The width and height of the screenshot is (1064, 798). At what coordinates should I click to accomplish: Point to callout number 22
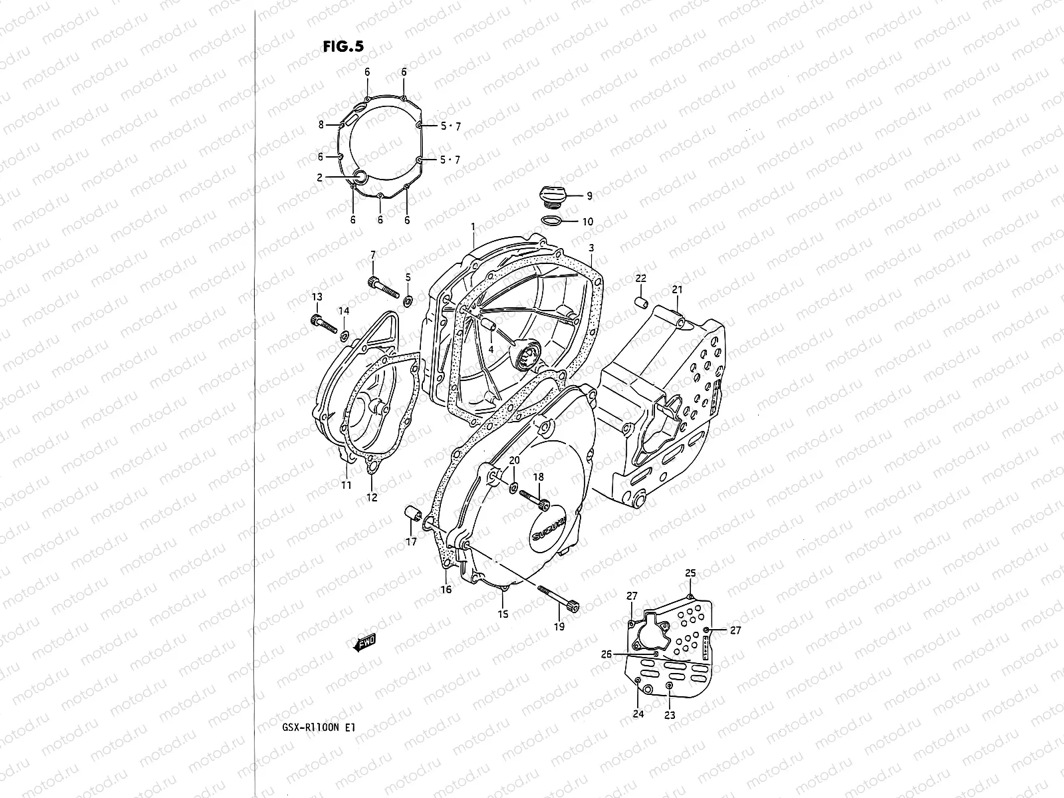click(640, 278)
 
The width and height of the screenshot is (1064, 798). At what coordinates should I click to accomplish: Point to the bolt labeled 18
click(533, 497)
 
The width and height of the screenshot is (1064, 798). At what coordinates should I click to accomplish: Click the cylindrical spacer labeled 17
click(412, 513)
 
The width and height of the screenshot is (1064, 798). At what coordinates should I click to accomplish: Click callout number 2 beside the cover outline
click(319, 178)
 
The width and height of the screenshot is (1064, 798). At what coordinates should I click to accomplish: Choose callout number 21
click(677, 289)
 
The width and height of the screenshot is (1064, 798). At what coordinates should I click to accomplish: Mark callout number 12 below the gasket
click(372, 497)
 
